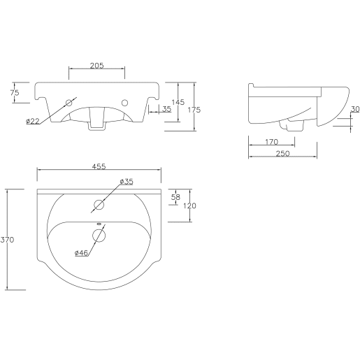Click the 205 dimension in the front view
click(97, 66)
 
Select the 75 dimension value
click(15, 92)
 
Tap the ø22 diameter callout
click(33, 122)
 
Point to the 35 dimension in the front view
click(166, 109)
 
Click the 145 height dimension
click(178, 102)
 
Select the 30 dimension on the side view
click(354, 109)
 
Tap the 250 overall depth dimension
click(283, 154)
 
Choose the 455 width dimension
click(99, 166)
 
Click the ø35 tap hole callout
click(126, 182)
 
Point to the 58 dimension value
click(175, 197)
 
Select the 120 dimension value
click(189, 206)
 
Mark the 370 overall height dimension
click(8, 239)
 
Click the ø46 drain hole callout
click(80, 253)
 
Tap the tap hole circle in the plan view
click(99, 206)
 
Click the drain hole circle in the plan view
click(99, 236)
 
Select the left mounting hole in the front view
click(69, 103)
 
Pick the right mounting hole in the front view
click(126, 103)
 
